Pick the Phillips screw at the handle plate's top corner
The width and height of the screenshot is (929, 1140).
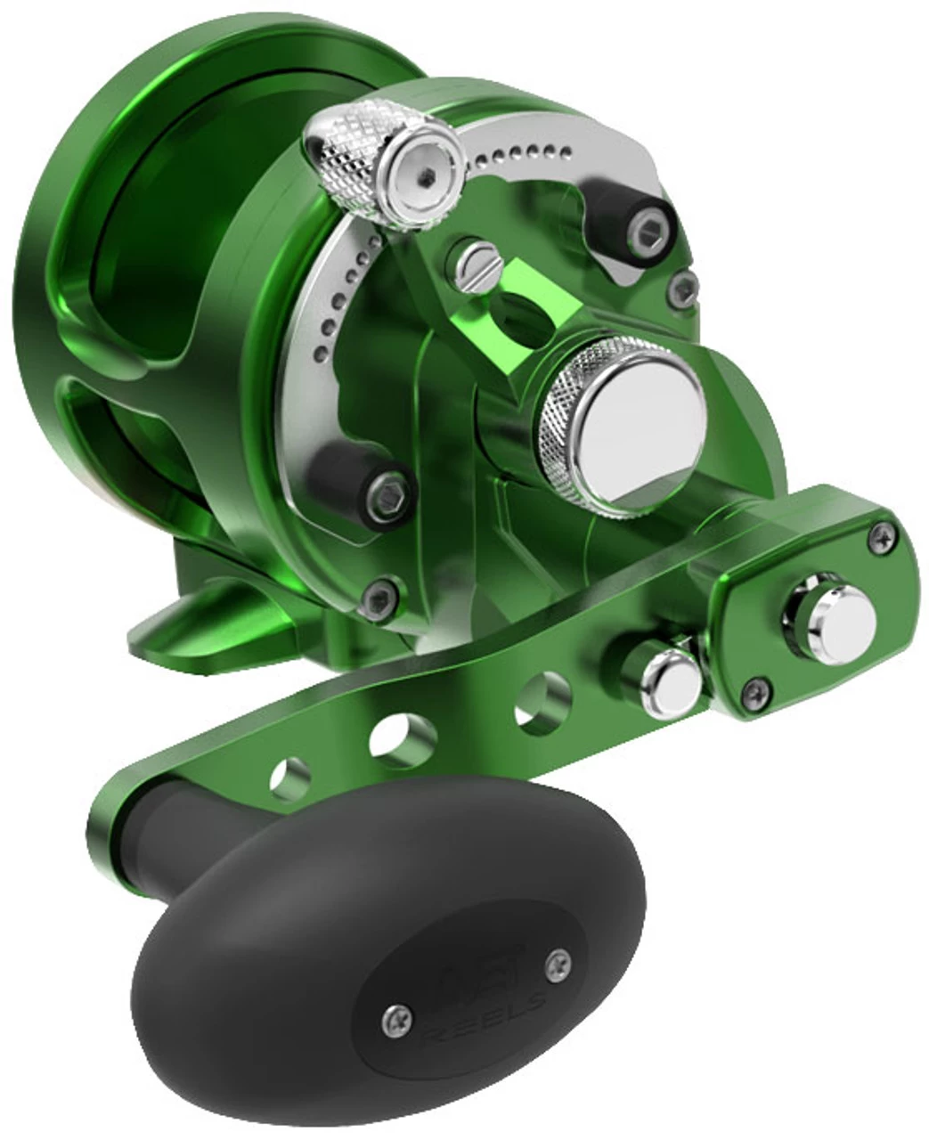click(883, 536)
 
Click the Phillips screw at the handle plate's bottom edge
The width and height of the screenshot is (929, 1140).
click(756, 686)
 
